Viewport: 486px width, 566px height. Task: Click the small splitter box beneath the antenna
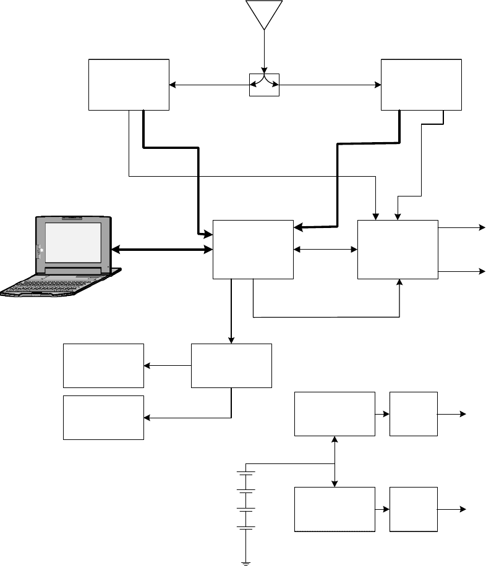264,84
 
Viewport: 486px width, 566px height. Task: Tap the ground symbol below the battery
246,562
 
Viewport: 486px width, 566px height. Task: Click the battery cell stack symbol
246,501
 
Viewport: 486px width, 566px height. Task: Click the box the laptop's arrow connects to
253,249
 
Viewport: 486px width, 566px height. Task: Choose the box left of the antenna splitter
129,85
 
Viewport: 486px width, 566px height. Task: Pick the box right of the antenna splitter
421,85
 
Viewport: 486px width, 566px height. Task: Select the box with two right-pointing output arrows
398,249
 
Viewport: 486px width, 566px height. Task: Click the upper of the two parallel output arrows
461,227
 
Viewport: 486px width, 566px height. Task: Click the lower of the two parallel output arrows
461,271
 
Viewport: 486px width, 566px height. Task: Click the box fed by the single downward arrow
231,366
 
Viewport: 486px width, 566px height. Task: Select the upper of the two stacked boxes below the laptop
104,366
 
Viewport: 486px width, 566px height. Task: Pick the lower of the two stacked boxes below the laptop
104,418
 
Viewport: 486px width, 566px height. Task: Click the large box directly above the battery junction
335,413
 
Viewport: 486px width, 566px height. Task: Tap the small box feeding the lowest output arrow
414,509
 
